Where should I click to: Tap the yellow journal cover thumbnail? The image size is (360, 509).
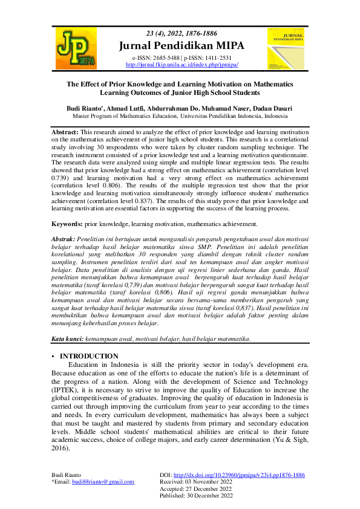[284, 48]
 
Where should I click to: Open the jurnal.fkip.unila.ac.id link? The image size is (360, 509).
[182, 64]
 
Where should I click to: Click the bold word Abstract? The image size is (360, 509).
[64, 132]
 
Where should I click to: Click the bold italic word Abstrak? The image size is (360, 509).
[64, 239]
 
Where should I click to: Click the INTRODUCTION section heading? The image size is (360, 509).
[88, 357]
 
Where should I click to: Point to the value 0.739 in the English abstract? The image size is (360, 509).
[59, 179]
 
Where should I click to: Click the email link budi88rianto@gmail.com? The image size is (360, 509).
[103, 482]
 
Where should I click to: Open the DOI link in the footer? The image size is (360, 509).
[239, 475]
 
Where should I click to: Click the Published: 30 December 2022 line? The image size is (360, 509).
[197, 495]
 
